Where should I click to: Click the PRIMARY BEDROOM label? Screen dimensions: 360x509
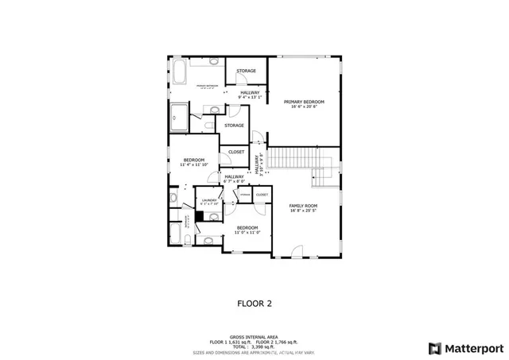[x=302, y=102]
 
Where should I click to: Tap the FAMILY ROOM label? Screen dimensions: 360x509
[x=302, y=205]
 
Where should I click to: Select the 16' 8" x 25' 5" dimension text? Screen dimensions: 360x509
[x=302, y=211]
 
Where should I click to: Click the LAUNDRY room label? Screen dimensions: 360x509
[x=209, y=200]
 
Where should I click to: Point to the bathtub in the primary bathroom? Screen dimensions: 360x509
[x=180, y=74]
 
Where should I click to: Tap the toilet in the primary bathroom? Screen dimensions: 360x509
[x=208, y=125]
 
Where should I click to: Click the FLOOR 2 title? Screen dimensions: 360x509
[x=255, y=303]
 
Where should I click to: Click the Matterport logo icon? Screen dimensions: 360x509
[x=433, y=347]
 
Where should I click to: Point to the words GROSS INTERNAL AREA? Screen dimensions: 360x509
[x=254, y=336]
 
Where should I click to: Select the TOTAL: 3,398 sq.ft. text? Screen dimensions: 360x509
[x=254, y=346]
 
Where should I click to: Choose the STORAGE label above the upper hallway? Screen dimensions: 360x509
[x=246, y=72]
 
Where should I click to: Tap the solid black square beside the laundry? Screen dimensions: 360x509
[x=200, y=215]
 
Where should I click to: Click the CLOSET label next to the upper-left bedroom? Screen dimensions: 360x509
[x=236, y=152]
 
